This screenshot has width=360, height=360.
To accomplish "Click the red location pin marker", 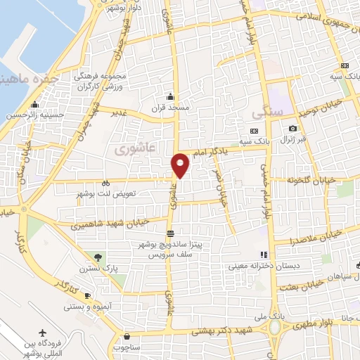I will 181,165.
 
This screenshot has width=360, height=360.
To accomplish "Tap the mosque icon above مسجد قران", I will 169,97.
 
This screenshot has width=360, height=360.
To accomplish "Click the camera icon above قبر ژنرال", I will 293,129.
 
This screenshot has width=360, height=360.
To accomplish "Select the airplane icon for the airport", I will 43,332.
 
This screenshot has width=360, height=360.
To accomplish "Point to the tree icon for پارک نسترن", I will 98,258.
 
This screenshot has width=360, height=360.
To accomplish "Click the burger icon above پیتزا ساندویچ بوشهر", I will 170,233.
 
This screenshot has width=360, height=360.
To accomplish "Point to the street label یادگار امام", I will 210,151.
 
